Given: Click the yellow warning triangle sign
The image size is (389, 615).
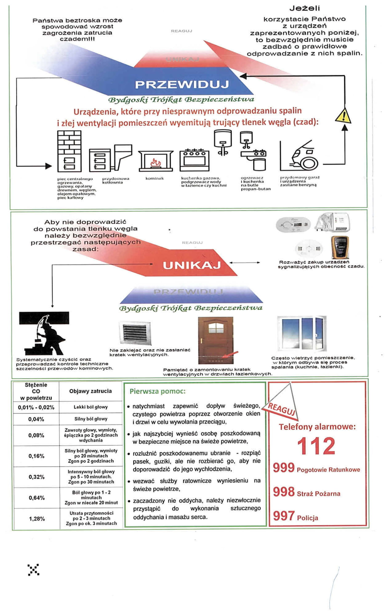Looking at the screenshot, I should click(343, 116).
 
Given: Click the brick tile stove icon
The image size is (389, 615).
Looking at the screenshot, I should click(69, 151).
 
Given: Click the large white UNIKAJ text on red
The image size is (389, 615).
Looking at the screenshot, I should click(192, 265).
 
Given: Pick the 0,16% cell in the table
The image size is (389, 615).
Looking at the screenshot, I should click(36, 456).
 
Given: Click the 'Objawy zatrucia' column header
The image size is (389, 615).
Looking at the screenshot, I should click(90, 391).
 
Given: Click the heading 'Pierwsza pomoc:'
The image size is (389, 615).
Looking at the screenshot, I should click(158, 391).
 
